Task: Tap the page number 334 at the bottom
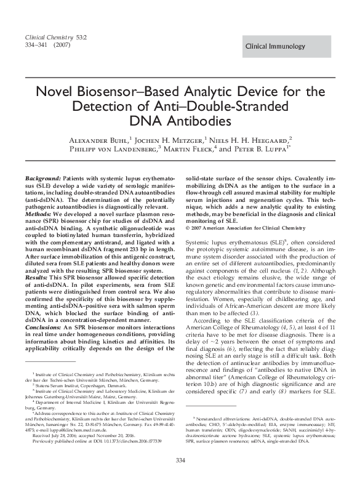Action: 180,462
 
